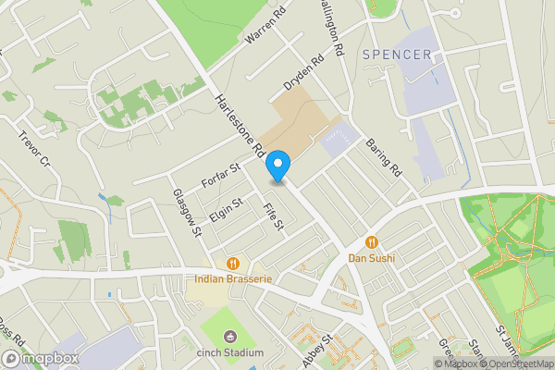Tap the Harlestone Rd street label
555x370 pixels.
coord(240,129)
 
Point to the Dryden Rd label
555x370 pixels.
coord(304,73)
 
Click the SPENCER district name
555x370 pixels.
coord(397,55)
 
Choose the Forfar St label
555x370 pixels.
coord(222,176)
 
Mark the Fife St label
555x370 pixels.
coord(272,218)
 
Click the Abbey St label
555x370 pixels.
coord(315,351)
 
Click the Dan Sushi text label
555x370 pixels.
coord(371,258)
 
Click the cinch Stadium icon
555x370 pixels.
coord(230,336)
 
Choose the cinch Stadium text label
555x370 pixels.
coord(230,352)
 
